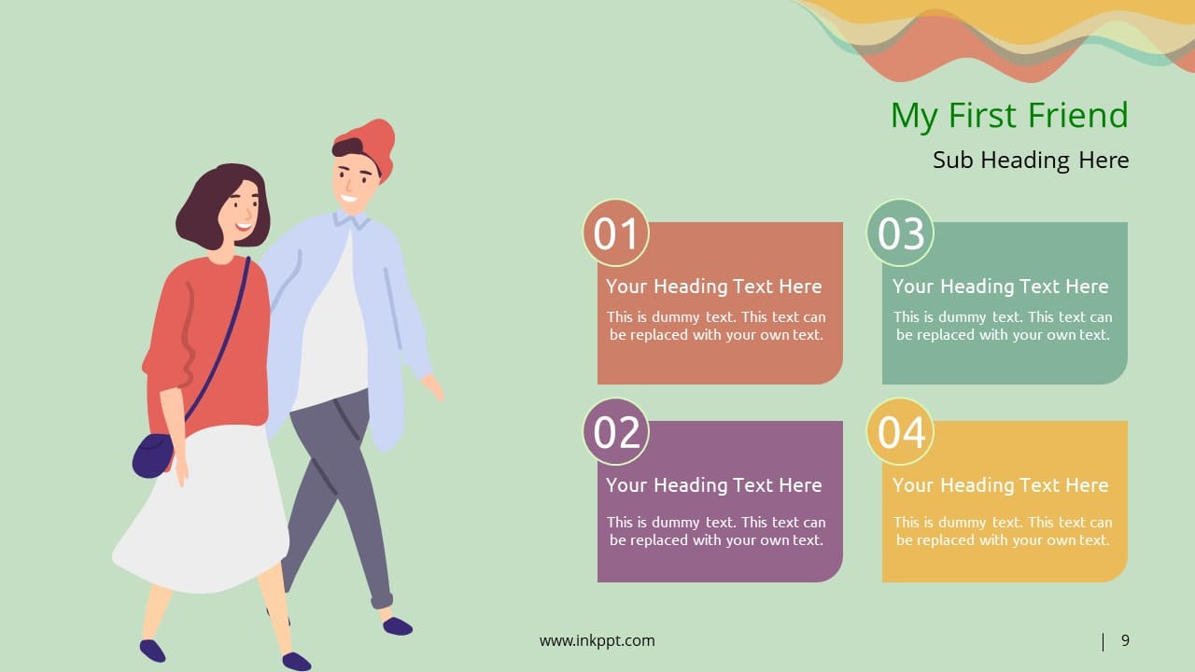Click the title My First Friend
point(1009,116)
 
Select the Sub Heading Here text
point(1031,161)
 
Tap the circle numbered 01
point(616,233)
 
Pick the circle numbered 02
point(616,432)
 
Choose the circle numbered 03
point(901,233)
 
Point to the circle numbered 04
point(901,432)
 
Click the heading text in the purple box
point(714,485)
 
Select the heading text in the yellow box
point(1001,485)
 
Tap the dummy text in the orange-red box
point(716,326)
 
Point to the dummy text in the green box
point(1003,326)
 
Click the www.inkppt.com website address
point(597,640)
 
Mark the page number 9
point(1125,640)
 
